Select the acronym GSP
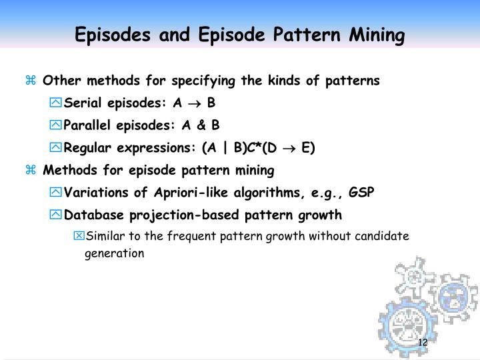[x=361, y=193]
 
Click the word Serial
[x=82, y=103]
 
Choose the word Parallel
[x=88, y=125]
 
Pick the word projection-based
[x=173, y=215]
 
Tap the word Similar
[x=103, y=235]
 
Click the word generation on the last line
[x=114, y=253]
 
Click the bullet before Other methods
[x=30, y=81]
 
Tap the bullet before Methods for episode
[x=30, y=171]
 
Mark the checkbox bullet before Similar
[x=79, y=235]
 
